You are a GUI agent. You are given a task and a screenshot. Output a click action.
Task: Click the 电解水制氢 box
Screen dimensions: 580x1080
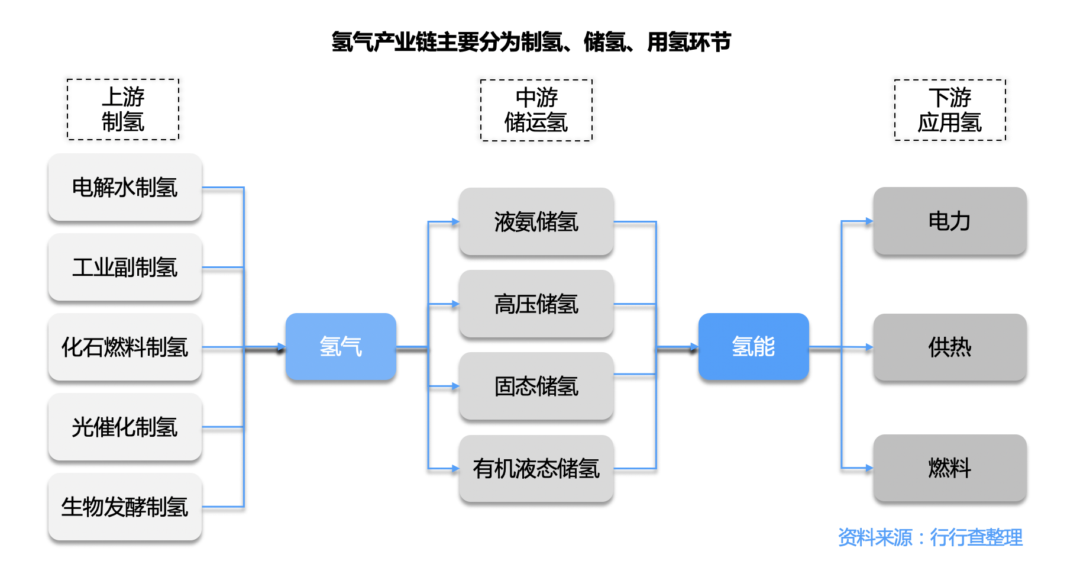click(125, 188)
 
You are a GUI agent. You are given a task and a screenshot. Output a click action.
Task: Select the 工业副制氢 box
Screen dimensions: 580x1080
click(125, 268)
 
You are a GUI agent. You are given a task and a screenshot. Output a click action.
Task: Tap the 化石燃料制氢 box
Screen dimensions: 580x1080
click(125, 347)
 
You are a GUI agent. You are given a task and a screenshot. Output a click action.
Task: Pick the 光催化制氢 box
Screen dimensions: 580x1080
click(125, 427)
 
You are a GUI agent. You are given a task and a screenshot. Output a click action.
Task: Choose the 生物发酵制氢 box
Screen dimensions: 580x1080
click(125, 507)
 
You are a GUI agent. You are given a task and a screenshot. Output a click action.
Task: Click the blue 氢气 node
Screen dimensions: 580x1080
click(341, 347)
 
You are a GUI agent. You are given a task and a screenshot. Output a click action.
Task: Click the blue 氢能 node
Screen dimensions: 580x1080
click(753, 347)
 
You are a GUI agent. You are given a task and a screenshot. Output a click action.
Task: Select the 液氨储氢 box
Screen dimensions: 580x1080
click(536, 222)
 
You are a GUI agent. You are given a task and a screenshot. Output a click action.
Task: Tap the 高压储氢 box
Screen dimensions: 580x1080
click(536, 304)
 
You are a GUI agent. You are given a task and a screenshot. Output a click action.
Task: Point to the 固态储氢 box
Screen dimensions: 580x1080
click(536, 386)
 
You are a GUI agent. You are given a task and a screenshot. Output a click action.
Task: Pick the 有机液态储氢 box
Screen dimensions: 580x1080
click(536, 469)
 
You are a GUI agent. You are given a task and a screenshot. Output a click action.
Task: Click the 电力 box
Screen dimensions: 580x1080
click(949, 221)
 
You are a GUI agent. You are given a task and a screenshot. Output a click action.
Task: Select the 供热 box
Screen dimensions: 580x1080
click(949, 347)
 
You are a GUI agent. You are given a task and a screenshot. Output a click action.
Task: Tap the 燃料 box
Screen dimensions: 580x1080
click(949, 468)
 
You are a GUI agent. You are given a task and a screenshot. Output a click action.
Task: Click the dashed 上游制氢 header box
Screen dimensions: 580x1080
click(123, 109)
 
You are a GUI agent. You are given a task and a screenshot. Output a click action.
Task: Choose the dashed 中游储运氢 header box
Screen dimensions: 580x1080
click(536, 110)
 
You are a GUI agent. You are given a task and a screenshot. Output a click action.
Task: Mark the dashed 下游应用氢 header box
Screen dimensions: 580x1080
click(949, 110)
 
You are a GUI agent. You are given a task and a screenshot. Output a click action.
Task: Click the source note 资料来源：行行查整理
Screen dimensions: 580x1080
click(930, 537)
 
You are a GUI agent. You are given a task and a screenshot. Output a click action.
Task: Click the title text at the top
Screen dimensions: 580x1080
click(531, 42)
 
